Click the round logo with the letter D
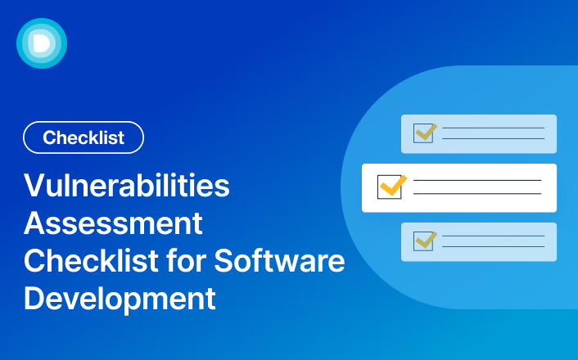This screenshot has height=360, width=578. pos(41,43)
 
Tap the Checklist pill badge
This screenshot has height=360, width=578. pos(84,137)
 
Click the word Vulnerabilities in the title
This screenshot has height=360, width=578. pos(127,187)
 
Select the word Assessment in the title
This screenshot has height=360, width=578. pos(113,223)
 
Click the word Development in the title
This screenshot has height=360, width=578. pos(120,298)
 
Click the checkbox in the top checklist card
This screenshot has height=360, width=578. pos(423,133)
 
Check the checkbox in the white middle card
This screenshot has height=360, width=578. pos(388,187)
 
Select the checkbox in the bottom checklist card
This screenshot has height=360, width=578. pos(423,241)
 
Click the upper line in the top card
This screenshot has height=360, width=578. pos(493,128)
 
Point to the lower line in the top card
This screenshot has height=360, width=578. pos(493,139)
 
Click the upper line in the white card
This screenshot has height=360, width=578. pos(477,180)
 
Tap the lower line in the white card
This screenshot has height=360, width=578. pos(477,194)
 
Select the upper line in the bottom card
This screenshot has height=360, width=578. pos(493,236)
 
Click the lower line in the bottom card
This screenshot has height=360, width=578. pos(493,247)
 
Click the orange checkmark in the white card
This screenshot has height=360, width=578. pos(394,185)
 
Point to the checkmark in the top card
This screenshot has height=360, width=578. pos(427,130)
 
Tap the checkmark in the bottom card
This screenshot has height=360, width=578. pos(427,238)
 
